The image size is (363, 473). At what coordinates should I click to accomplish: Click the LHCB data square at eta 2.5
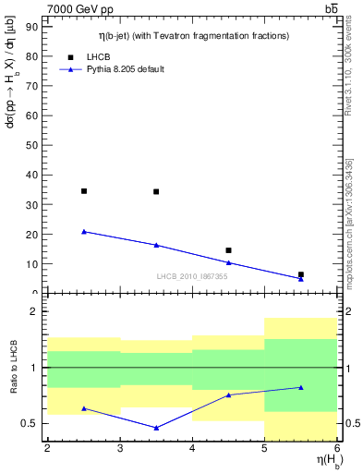click(x=84, y=191)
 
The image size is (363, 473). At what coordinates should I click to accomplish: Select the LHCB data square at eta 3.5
click(x=156, y=192)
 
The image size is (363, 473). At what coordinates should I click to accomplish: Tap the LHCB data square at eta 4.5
click(x=228, y=250)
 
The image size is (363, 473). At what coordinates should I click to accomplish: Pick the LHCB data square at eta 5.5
click(x=301, y=274)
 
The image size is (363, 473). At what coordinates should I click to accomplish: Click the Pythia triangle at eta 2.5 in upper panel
click(x=84, y=232)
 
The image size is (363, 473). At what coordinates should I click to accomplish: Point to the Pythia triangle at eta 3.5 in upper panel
click(x=156, y=245)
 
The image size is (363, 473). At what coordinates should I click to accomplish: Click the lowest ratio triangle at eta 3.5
click(x=156, y=428)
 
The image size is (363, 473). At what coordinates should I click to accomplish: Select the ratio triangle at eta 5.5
click(x=301, y=387)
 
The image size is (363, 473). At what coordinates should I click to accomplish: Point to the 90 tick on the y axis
click(x=36, y=27)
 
